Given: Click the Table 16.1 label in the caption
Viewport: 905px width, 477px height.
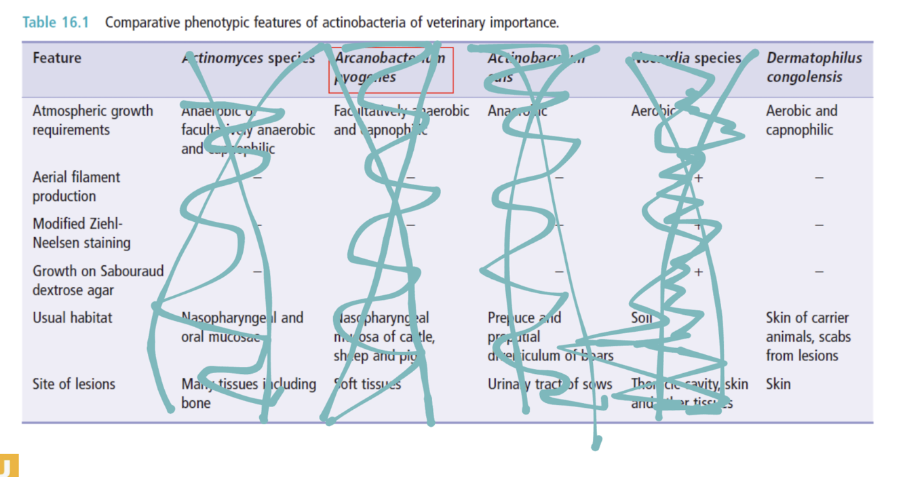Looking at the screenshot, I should pos(56,22).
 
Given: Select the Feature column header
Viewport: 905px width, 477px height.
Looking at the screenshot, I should pos(56,58).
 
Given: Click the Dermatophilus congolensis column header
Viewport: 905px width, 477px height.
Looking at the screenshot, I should pos(814,67).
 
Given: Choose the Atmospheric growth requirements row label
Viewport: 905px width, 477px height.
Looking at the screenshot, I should pos(92,120).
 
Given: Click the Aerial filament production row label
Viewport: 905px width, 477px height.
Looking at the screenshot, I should pos(75,187).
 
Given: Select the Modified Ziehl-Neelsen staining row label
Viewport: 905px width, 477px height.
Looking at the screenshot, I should pos(81,233).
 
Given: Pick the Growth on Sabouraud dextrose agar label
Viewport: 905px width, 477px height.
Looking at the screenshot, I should pos(98,280).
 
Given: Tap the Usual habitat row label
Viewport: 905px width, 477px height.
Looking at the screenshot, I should pos(72,318).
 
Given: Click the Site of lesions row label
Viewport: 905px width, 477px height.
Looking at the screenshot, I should pos(73,384).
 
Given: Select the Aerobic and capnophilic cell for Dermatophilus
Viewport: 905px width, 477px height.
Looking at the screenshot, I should pos(801,120).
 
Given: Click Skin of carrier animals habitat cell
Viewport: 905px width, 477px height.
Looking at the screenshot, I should pos(807,337).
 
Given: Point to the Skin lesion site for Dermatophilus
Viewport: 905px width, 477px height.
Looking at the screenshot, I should pos(778,384).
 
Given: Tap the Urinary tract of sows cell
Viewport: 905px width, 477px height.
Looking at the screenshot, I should pos(550,385).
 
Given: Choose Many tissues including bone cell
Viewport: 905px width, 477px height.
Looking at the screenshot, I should pos(248,394).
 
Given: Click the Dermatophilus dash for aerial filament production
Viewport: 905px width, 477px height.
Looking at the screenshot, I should pos(819,178).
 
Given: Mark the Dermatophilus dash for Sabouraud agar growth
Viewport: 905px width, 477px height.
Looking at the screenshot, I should pos(819,271).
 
